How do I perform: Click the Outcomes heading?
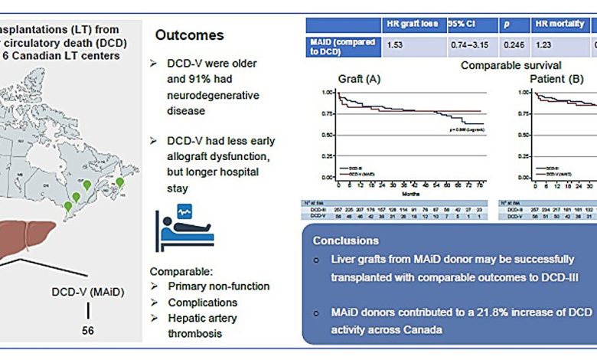190,35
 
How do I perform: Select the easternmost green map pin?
119,182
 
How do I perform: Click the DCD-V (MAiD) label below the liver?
88,292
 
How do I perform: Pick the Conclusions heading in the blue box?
345,241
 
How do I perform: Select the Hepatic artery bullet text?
203,319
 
